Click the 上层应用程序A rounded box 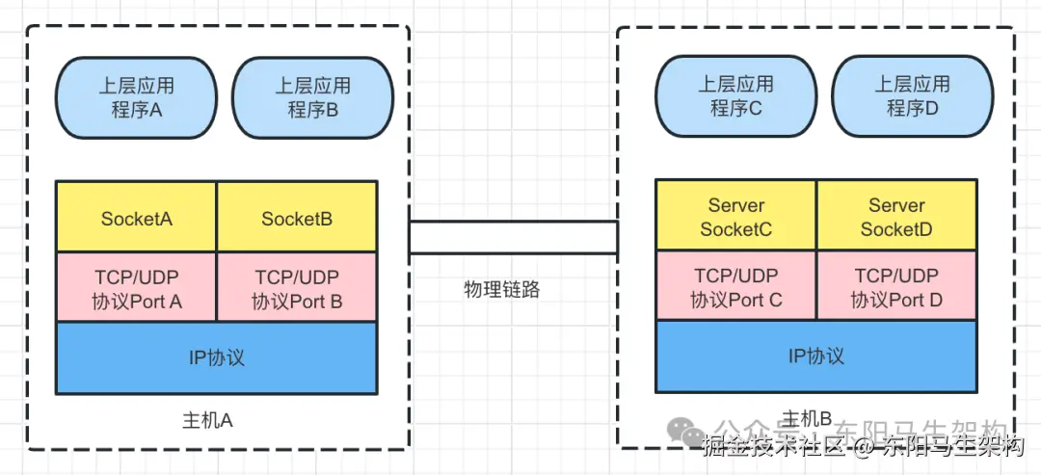click(x=136, y=97)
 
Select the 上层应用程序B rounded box click(x=312, y=97)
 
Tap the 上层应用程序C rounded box click(x=735, y=96)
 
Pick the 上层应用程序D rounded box click(x=912, y=96)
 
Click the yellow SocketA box click(x=136, y=218)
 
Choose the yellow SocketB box click(x=297, y=218)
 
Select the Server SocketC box click(x=735, y=217)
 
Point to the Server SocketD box click(x=896, y=217)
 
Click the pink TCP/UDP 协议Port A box click(x=136, y=287)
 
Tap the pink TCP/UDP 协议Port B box click(x=297, y=287)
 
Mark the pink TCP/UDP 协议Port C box click(x=735, y=286)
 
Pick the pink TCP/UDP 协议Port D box click(x=896, y=286)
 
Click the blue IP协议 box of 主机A click(x=216, y=357)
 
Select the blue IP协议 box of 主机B click(x=815, y=356)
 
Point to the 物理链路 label click(x=502, y=289)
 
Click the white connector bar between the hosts click(x=513, y=237)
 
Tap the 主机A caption click(x=207, y=421)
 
